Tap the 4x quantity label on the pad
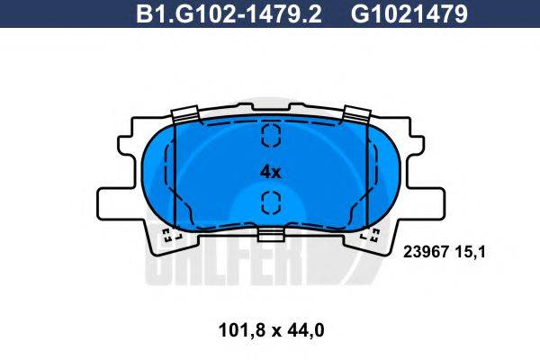point(270,170)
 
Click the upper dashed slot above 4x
point(271,136)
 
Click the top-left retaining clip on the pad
point(184,115)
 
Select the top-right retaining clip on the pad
point(356,115)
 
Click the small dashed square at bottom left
point(169,237)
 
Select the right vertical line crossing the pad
point(367,175)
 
